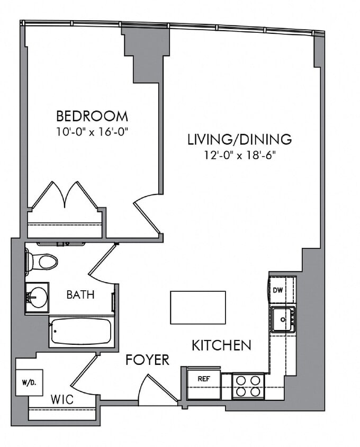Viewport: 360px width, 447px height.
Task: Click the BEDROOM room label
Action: click(x=92, y=115)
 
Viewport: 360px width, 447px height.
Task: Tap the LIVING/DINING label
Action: click(x=240, y=139)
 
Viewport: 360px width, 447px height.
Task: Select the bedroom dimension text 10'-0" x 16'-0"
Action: click(x=92, y=131)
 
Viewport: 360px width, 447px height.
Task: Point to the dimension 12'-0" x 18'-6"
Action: click(x=240, y=155)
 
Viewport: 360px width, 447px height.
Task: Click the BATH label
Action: click(x=80, y=295)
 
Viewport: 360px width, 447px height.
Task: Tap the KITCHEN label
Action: click(x=221, y=346)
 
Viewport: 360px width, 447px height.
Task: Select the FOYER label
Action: click(x=147, y=360)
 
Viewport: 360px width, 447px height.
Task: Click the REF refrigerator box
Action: click(x=203, y=379)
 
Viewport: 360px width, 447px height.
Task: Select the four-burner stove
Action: click(x=249, y=386)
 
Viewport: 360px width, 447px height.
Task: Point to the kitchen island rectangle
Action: click(x=197, y=307)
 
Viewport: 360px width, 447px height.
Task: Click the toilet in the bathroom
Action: click(x=41, y=262)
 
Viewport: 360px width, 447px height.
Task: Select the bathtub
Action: click(x=80, y=332)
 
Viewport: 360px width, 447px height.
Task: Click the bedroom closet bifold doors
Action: click(x=65, y=196)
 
